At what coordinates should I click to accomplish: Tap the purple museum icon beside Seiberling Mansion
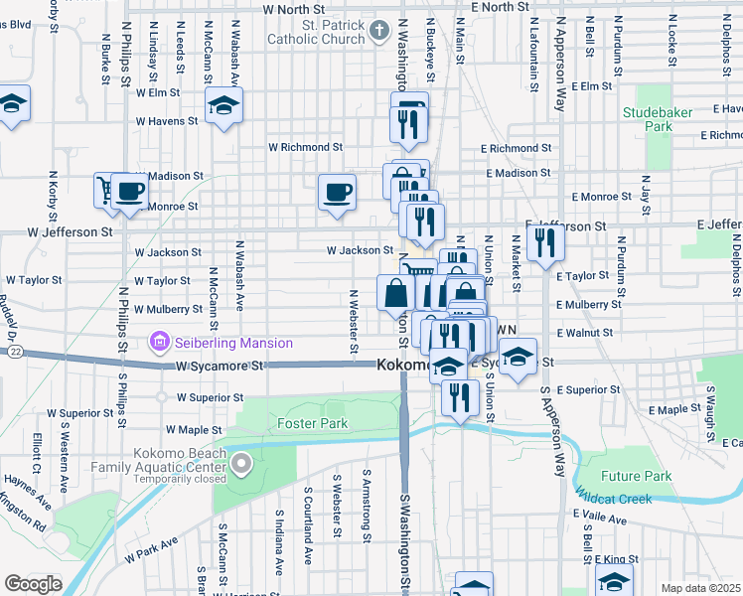[157, 344]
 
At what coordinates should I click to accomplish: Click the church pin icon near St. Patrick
[377, 31]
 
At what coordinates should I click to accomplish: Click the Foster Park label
[312, 423]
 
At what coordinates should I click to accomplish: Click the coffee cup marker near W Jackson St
[337, 191]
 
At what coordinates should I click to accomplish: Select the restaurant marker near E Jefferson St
[544, 241]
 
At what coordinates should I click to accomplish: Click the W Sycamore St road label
[222, 367]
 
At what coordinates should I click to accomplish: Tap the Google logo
[33, 584]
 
